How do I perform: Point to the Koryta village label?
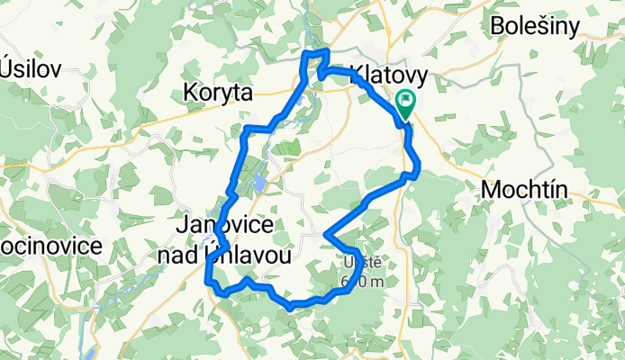pyautogui.click(x=218, y=91)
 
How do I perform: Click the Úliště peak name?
pyautogui.click(x=363, y=263)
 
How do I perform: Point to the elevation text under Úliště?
pyautogui.click(x=363, y=282)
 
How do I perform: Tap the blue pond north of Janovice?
pyautogui.click(x=259, y=184)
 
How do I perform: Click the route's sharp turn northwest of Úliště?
pyautogui.click(x=324, y=236)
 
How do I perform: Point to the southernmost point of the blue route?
pyautogui.click(x=290, y=308)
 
